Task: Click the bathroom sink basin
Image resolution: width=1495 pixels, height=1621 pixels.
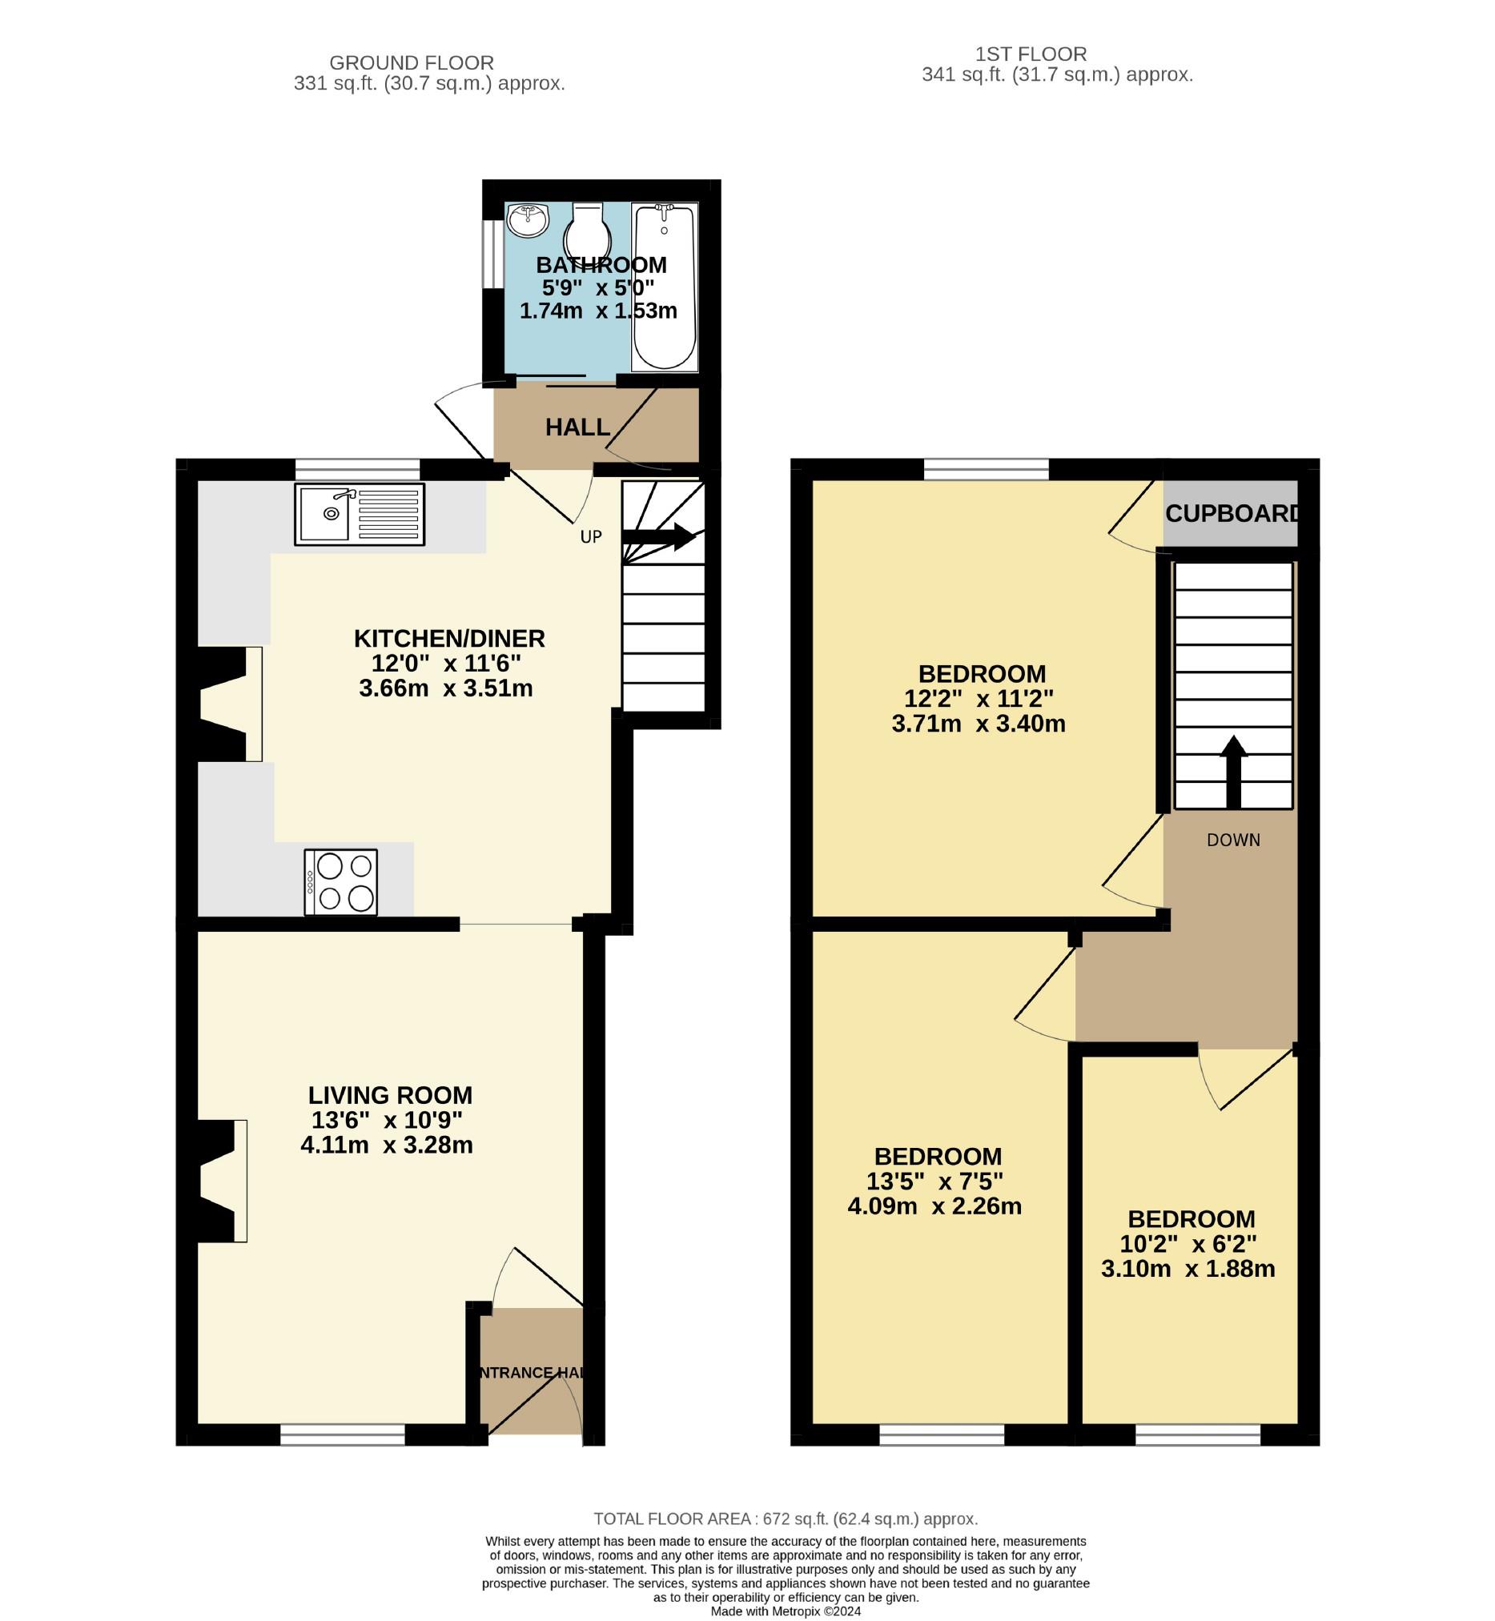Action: (x=528, y=220)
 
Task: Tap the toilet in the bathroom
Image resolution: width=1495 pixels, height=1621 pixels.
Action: (x=587, y=230)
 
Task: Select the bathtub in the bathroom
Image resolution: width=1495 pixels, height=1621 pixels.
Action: (x=664, y=287)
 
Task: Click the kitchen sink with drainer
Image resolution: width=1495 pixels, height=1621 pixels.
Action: (x=360, y=515)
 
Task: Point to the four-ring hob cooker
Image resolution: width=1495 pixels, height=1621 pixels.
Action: (x=340, y=882)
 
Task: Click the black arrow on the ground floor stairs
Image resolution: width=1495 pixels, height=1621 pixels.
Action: (x=659, y=537)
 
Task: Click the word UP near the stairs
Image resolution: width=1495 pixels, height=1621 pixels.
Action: (x=592, y=537)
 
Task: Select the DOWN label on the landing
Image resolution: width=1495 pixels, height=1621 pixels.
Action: (x=1234, y=841)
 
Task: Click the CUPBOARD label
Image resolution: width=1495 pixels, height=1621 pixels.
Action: (x=1233, y=514)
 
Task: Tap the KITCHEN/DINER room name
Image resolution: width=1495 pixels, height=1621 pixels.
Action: (x=450, y=639)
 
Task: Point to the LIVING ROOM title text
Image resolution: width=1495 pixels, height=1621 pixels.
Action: (x=390, y=1095)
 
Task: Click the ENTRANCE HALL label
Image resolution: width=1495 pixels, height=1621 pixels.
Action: (x=532, y=1373)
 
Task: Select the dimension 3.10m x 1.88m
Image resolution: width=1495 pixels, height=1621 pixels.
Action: (x=1188, y=1268)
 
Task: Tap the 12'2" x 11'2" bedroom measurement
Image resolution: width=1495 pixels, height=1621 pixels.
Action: (x=979, y=698)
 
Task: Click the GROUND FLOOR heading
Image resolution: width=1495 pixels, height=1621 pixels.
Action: (x=412, y=63)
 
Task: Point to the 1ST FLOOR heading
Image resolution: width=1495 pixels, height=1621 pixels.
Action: (x=1031, y=54)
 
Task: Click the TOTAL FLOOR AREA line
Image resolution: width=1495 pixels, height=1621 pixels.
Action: (x=786, y=1519)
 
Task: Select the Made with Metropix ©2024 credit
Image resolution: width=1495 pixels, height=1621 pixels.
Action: (x=786, y=1611)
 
